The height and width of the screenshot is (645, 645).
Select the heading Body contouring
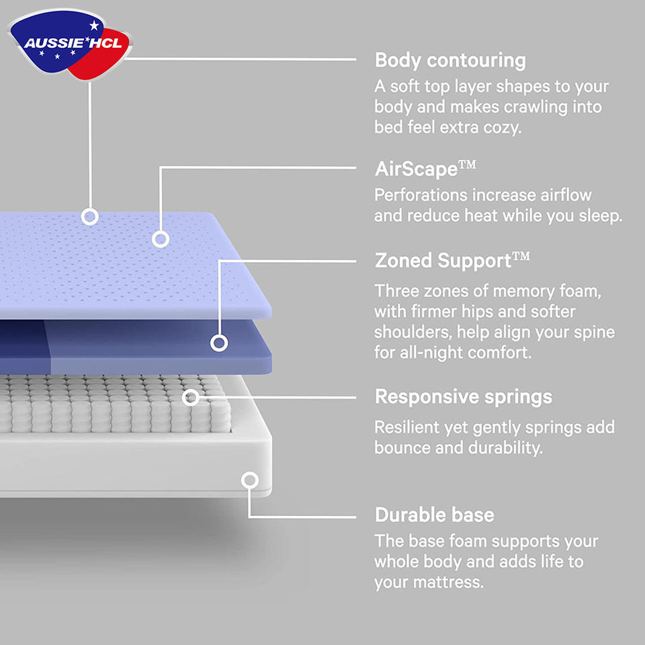click(x=450, y=60)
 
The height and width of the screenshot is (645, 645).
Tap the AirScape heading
click(x=416, y=169)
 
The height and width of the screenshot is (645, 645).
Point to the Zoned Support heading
click(x=443, y=261)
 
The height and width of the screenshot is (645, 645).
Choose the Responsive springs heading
click(x=464, y=396)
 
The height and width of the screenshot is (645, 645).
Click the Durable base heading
click(x=435, y=515)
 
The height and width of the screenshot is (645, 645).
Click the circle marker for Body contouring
click(x=89, y=216)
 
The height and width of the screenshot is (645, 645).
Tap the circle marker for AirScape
click(x=160, y=239)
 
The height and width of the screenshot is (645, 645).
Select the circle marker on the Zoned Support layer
click(x=218, y=343)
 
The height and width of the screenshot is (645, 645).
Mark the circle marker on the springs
click(x=191, y=397)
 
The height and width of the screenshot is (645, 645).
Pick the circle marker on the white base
click(x=250, y=480)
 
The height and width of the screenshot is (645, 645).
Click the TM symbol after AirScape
click(x=467, y=165)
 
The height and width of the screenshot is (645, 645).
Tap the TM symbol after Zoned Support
click(x=521, y=257)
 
